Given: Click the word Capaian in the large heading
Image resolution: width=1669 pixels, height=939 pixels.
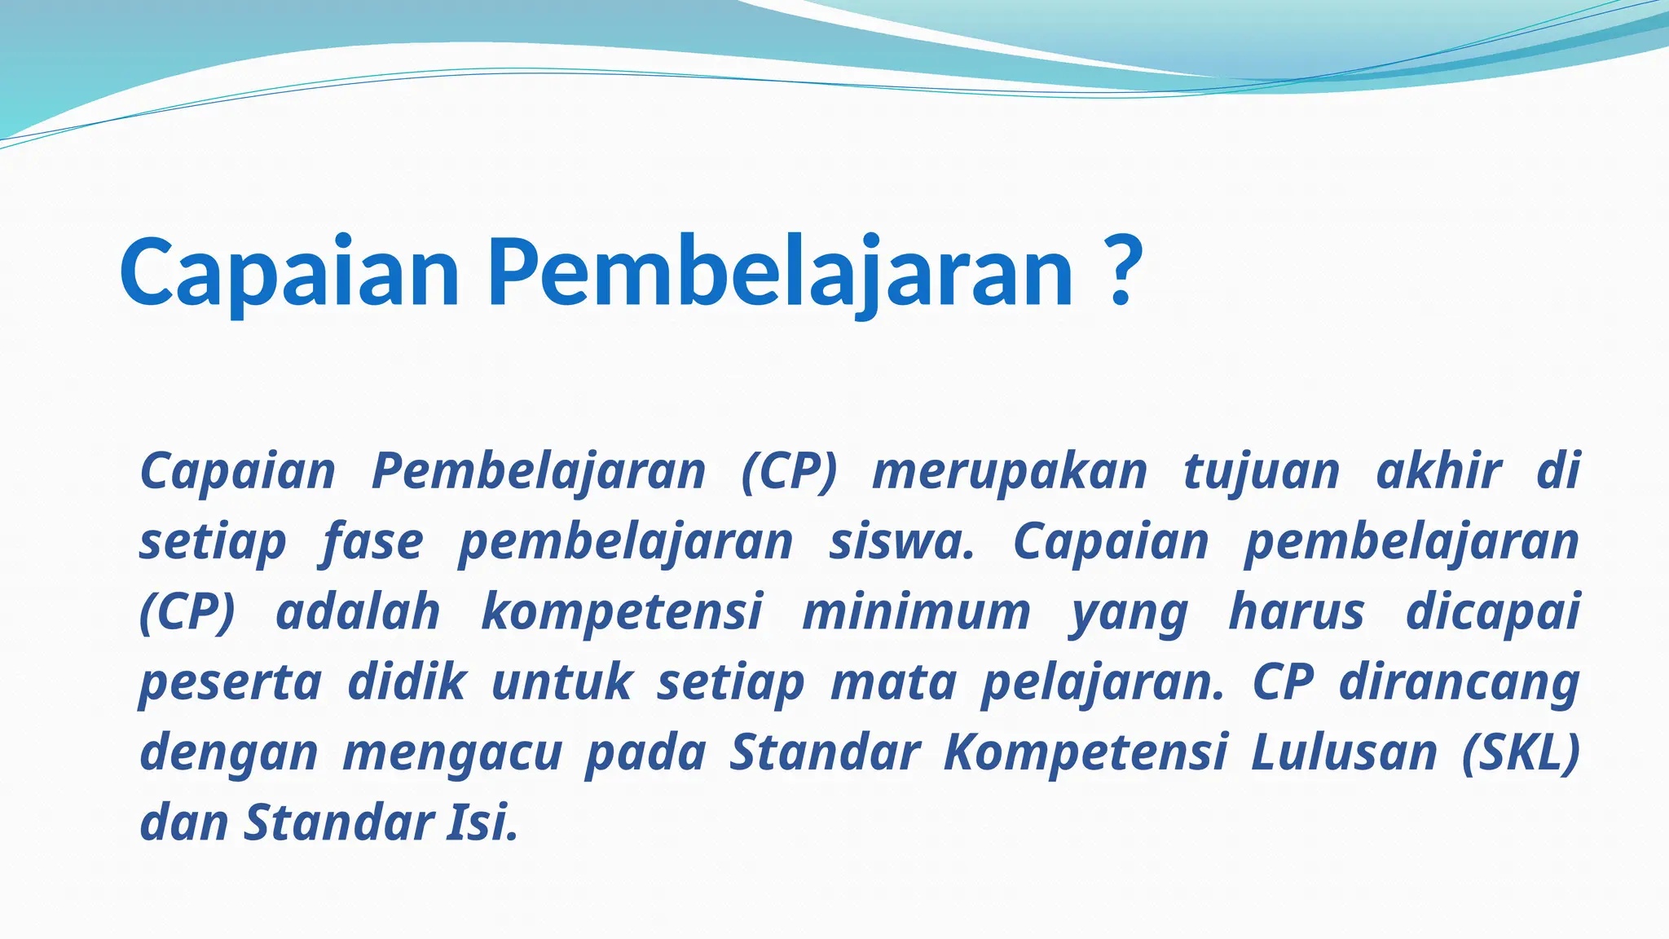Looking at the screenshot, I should [x=290, y=273].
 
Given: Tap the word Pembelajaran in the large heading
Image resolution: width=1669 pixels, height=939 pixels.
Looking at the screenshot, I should [x=781, y=273].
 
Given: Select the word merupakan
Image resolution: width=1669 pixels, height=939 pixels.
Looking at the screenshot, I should [x=1010, y=472].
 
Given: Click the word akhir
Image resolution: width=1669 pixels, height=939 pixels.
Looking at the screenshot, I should [x=1438, y=470].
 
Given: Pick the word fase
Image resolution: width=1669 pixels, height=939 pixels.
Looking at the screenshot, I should [x=372, y=541].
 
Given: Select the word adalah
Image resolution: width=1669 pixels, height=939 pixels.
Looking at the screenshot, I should [x=358, y=611].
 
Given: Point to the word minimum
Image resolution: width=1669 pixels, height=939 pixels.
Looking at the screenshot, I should [x=917, y=612].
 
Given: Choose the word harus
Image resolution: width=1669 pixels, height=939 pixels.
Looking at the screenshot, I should [x=1297, y=611].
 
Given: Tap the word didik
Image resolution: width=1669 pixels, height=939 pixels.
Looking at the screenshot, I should [x=407, y=681].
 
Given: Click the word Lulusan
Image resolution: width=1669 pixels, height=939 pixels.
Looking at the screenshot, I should [x=1344, y=752].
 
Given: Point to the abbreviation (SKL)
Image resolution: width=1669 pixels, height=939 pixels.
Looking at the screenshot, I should [x=1521, y=752].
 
